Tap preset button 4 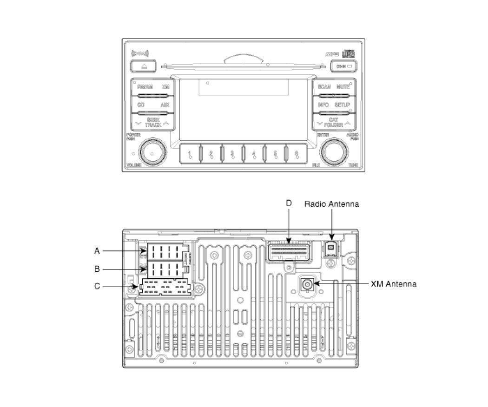(x=253, y=154)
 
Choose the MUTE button (x=343, y=87)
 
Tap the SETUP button (x=343, y=105)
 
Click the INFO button (x=323, y=105)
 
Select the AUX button (x=165, y=105)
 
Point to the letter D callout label (x=288, y=203)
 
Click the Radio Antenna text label (x=331, y=204)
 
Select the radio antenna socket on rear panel (x=330, y=249)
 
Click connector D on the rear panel (x=288, y=251)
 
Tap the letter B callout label (x=97, y=269)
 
